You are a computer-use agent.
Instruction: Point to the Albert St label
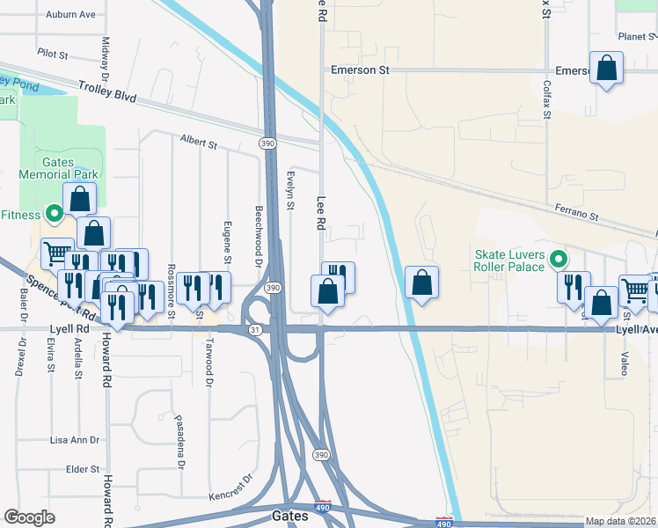[x=198, y=141]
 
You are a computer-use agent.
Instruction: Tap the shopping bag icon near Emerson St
[x=607, y=68]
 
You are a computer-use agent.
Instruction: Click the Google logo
[x=30, y=517]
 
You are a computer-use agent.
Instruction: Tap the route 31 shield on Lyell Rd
[x=255, y=329]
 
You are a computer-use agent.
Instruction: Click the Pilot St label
[x=52, y=55]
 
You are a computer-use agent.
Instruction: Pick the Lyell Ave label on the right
[x=636, y=329]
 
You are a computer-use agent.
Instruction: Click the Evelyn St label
[x=290, y=191]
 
